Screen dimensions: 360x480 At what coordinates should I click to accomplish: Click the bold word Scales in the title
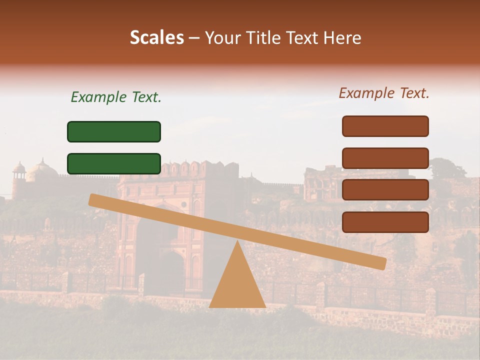pos(157,37)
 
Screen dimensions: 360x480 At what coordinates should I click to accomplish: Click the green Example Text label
pos(116,97)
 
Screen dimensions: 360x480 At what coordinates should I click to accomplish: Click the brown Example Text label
pos(384,93)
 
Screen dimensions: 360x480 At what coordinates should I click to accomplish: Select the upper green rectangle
pos(114,131)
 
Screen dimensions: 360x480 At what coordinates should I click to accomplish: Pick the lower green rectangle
pos(114,163)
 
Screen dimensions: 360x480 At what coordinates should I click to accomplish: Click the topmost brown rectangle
pos(385,126)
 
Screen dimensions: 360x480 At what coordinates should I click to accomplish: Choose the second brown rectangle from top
pos(385,158)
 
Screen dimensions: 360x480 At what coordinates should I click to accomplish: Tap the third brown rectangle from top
pos(385,190)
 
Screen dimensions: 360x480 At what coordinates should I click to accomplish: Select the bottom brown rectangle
pos(385,222)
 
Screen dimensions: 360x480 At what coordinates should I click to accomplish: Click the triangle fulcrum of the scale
pos(237,285)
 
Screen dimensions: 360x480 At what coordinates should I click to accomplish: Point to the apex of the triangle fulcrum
pos(237,242)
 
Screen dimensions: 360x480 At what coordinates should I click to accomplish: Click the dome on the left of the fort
pos(42,170)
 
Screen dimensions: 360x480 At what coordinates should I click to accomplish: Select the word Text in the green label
pos(144,97)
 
